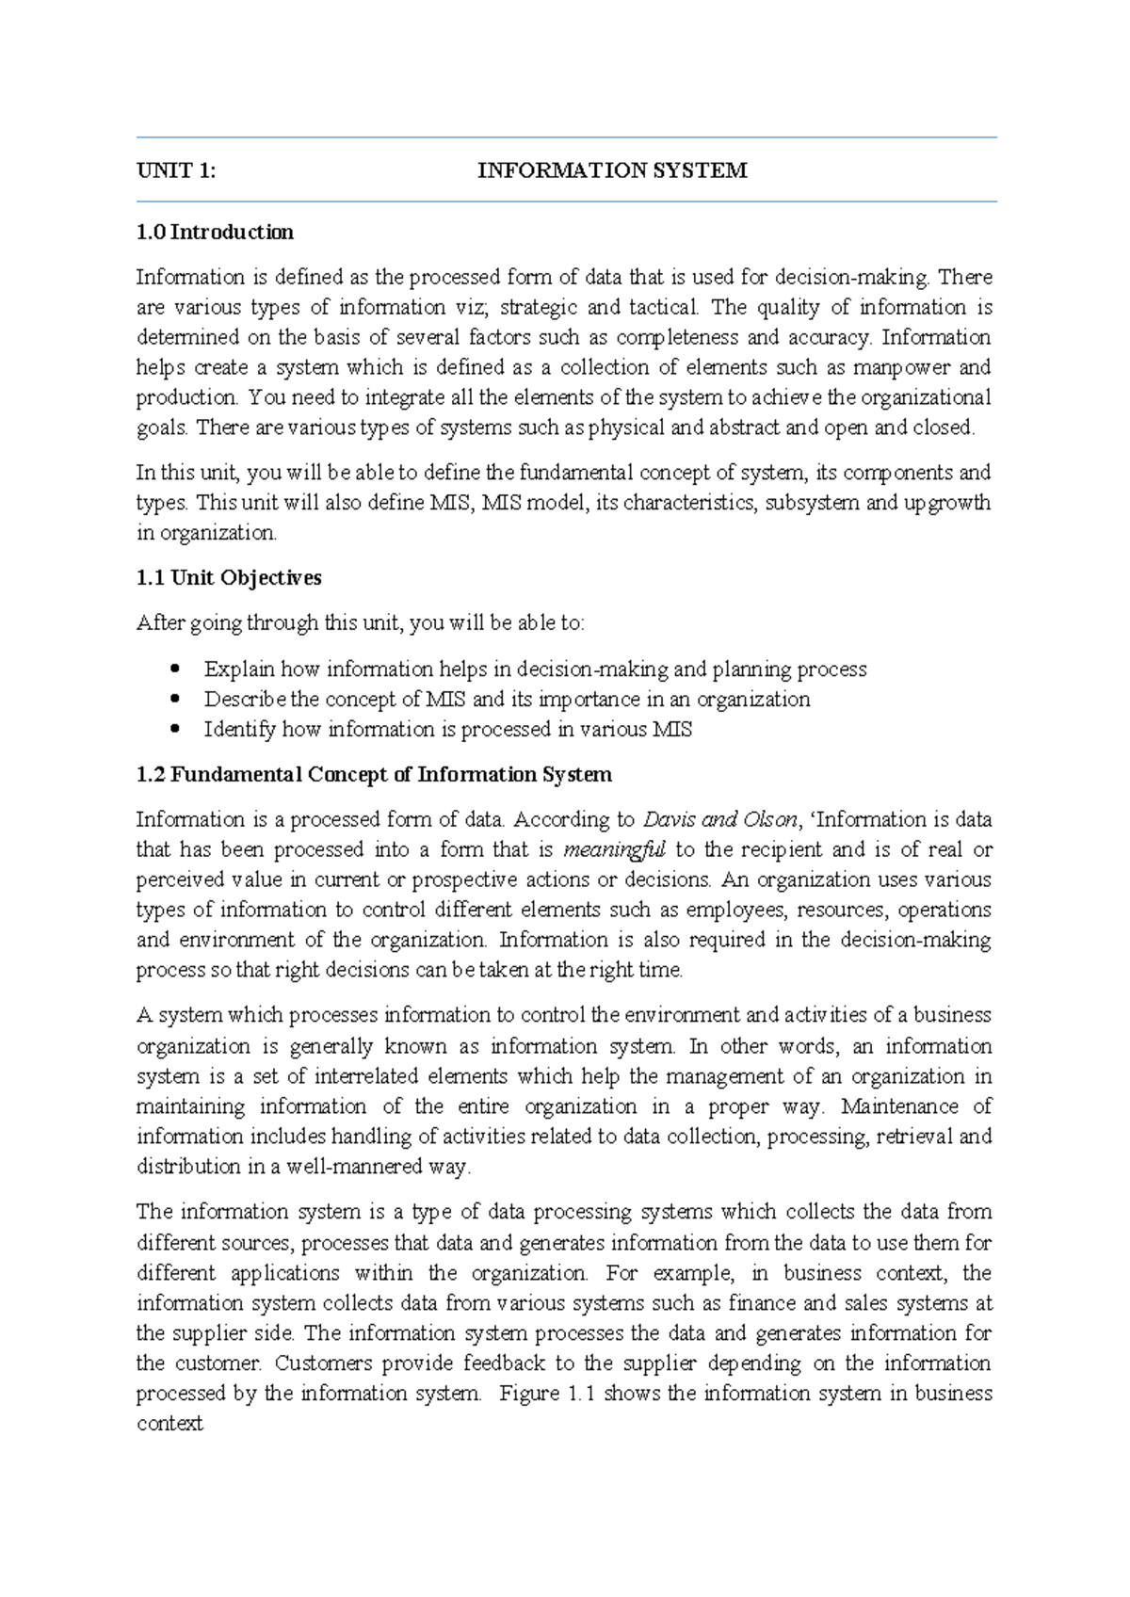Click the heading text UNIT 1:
point(176,170)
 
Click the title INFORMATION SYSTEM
point(612,170)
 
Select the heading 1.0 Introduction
point(215,232)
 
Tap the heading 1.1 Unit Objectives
point(229,577)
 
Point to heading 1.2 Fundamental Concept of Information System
point(374,774)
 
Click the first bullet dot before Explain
point(174,669)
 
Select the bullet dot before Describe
point(174,699)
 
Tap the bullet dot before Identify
point(174,729)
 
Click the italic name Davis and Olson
point(720,819)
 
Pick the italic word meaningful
point(614,849)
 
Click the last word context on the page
point(169,1423)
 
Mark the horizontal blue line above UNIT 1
point(565,137)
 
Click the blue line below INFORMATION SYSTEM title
point(565,201)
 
